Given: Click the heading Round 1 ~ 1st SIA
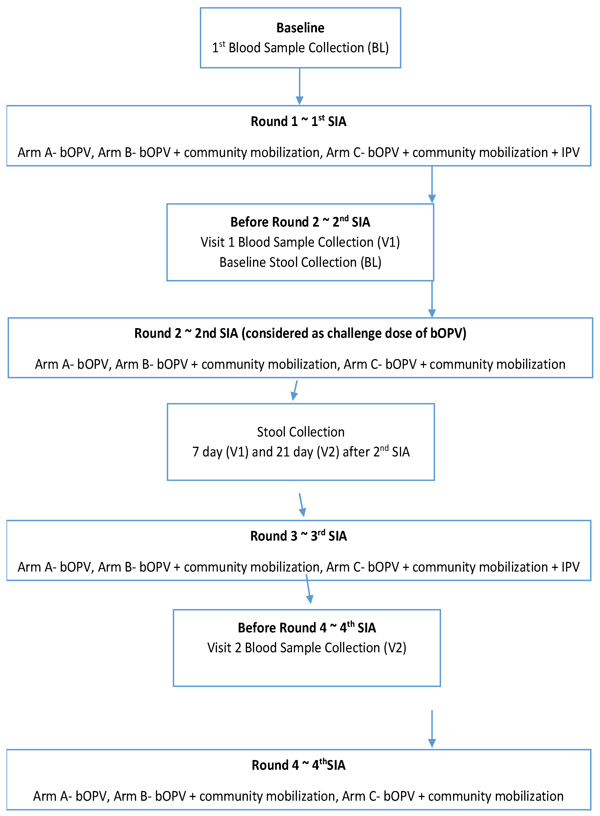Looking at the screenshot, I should (x=298, y=121).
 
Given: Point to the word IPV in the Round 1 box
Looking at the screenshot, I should (x=570, y=152).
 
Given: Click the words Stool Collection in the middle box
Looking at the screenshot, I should (x=300, y=432).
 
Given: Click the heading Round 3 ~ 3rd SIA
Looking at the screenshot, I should (x=298, y=536).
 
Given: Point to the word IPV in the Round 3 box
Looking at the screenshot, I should (x=570, y=567).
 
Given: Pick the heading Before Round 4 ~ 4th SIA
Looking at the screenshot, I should (x=307, y=628).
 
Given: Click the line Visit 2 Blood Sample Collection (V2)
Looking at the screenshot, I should (x=307, y=648).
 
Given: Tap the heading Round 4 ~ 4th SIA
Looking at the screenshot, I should (x=298, y=765).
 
